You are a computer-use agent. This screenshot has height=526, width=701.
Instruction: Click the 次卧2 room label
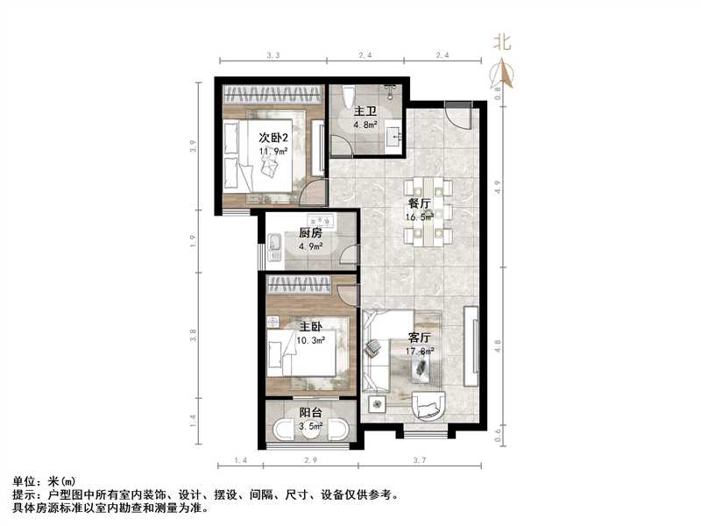coord(274,138)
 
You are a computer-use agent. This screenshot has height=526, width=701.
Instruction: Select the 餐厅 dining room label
coord(419,202)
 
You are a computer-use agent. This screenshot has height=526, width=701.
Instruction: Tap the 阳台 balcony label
coord(308,414)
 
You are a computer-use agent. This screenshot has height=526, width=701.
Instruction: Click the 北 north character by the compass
coord(502,41)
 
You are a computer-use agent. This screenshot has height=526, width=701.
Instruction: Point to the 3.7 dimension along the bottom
coord(419,460)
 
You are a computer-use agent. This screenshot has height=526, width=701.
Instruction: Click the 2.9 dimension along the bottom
coord(310,460)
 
